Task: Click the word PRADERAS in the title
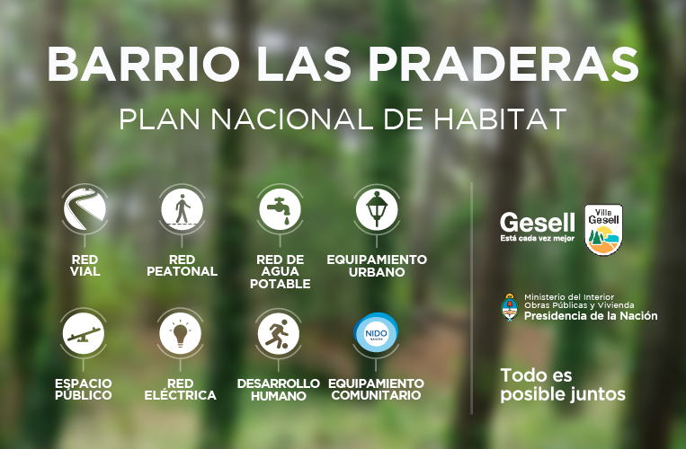pyautogui.click(x=504, y=64)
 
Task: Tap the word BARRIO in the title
pyautogui.click(x=144, y=64)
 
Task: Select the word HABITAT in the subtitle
pyautogui.click(x=500, y=119)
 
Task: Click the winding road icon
pyautogui.click(x=85, y=208)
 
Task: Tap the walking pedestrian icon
pyautogui.click(x=182, y=208)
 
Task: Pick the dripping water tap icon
pyautogui.click(x=280, y=208)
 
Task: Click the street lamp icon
pyautogui.click(x=377, y=208)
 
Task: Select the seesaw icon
pyautogui.click(x=83, y=334)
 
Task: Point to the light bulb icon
pyautogui.click(x=180, y=334)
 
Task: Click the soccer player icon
pyautogui.click(x=278, y=334)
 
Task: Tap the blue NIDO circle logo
pyautogui.click(x=376, y=333)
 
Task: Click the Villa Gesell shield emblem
pyautogui.click(x=604, y=230)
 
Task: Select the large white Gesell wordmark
pyautogui.click(x=538, y=223)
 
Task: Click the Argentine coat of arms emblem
pyautogui.click(x=510, y=307)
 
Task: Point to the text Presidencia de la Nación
pyautogui.click(x=591, y=316)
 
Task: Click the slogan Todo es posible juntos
pyautogui.click(x=563, y=385)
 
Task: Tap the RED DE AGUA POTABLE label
pyautogui.click(x=280, y=272)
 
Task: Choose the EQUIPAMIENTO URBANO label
pyautogui.click(x=377, y=266)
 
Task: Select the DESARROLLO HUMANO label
pyautogui.click(x=278, y=390)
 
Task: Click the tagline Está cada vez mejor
pyautogui.click(x=538, y=239)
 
